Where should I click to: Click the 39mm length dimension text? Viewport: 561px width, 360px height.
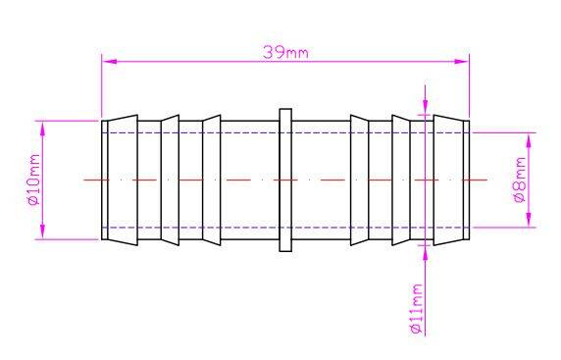tap(285, 53)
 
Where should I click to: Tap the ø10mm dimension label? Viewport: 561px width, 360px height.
tap(33, 180)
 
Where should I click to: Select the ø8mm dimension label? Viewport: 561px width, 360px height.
tap(520, 180)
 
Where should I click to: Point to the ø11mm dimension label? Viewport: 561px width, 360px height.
tap(416, 308)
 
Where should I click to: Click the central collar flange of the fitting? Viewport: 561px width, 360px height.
tap(285, 180)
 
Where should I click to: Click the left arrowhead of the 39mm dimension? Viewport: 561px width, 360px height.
tap(110, 61)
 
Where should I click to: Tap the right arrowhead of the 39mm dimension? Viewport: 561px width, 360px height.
tap(461, 61)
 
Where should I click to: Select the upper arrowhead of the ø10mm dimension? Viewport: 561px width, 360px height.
tap(43, 129)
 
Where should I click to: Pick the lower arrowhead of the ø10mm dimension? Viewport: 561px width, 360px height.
tap(43, 231)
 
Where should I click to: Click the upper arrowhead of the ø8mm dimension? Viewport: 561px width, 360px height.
tap(530, 140)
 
